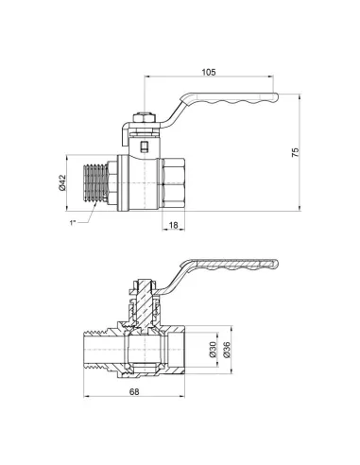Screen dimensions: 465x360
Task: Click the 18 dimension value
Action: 175,226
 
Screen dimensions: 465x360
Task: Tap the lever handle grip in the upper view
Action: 246,95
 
